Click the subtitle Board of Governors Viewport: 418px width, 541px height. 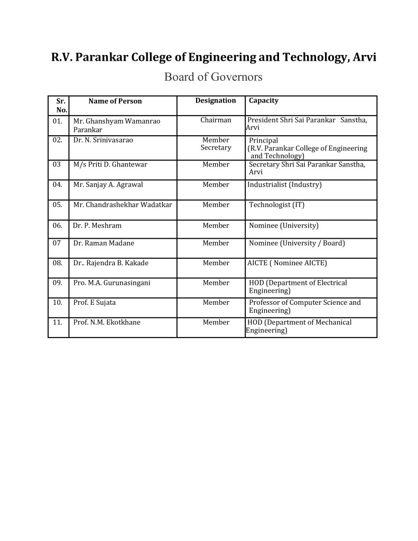213,77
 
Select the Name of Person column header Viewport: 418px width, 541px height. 115,101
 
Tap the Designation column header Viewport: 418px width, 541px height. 216,100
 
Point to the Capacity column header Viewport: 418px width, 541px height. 264,100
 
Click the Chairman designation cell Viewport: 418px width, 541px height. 216,120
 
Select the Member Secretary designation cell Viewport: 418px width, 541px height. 216,144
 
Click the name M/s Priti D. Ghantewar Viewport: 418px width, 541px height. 110,164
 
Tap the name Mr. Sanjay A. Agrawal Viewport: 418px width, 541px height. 108,184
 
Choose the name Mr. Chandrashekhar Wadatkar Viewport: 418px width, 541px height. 123,204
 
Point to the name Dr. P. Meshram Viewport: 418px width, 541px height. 97,225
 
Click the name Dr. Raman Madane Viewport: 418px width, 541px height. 104,243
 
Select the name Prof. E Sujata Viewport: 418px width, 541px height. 95,302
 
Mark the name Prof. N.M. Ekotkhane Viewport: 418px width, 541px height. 107,322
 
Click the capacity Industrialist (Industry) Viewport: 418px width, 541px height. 284,184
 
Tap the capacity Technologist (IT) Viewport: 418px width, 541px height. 277,204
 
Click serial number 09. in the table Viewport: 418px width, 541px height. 58,283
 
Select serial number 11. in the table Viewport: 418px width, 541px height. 58,322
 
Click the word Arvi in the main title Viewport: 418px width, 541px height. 364,57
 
